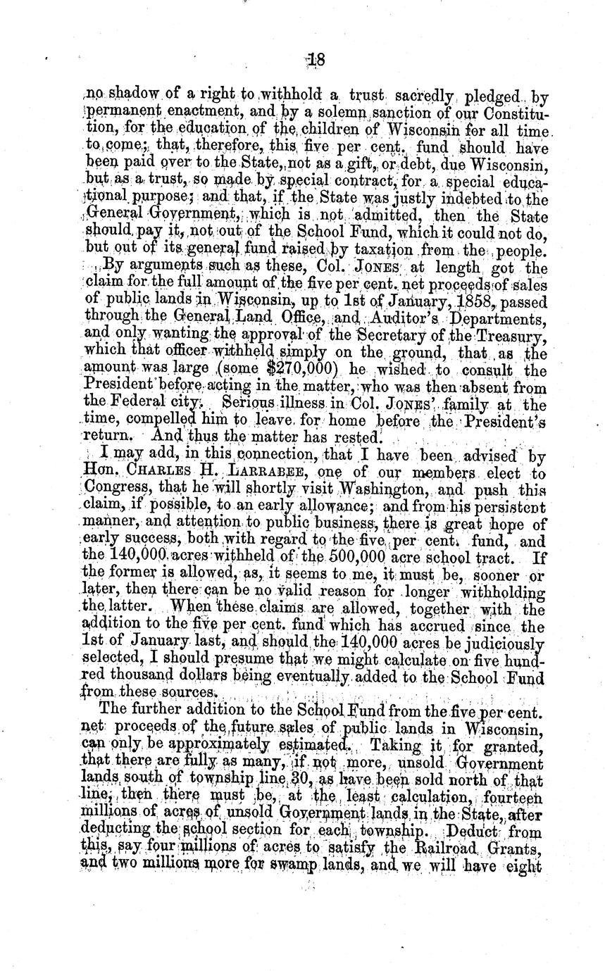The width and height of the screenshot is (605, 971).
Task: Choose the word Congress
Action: (114, 487)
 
